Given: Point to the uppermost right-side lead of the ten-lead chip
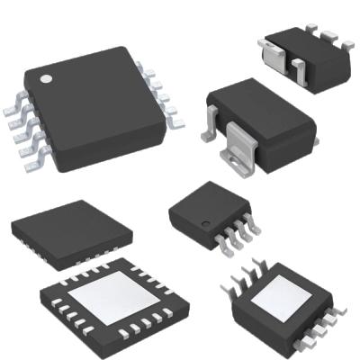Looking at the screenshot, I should click(x=141, y=68).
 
